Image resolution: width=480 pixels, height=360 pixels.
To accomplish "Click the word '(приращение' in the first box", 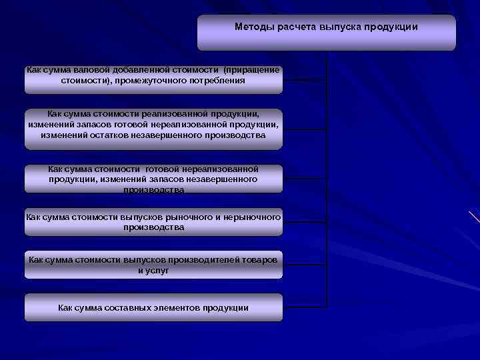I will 252,69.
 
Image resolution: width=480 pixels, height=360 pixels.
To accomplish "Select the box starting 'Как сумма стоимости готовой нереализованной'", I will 153,179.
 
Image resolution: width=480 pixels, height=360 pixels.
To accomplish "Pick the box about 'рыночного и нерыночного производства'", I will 153,223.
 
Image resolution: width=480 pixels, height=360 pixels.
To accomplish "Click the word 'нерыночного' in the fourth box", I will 255,217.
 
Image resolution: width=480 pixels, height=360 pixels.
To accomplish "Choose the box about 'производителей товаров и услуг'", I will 153,265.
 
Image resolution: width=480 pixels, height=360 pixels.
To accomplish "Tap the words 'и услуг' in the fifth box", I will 153,270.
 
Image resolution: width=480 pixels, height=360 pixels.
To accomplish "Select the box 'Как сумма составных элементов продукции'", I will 153,307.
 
